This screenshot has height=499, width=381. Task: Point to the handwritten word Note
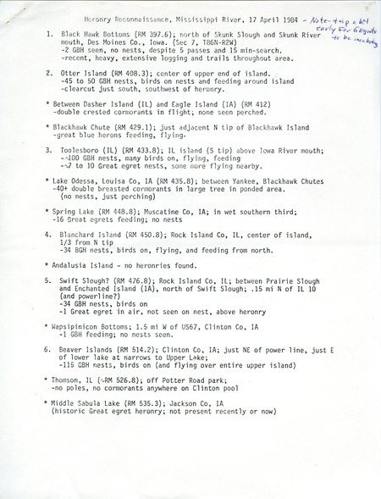point(299,17)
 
